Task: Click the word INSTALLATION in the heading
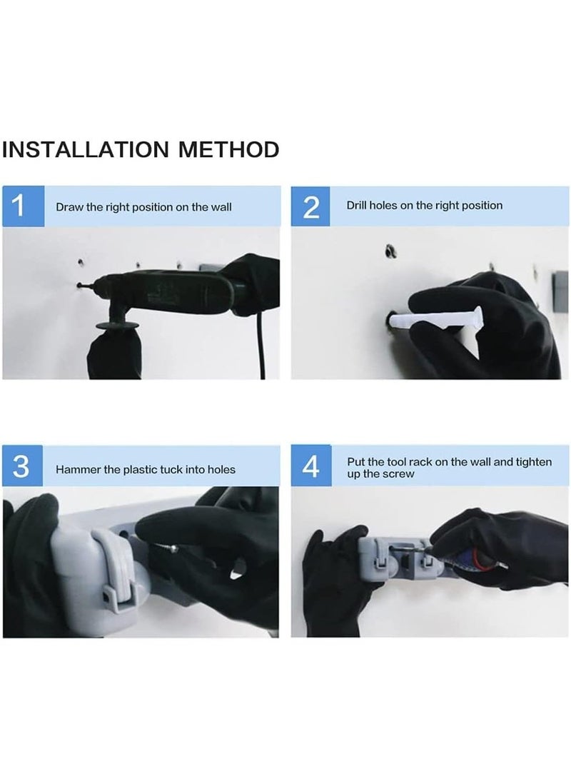click(x=86, y=149)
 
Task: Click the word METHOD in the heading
click(x=229, y=149)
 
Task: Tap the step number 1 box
click(x=23, y=206)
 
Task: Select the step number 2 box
click(x=310, y=206)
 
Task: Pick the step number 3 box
click(x=22, y=466)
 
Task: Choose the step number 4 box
click(x=310, y=466)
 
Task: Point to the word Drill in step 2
click(x=356, y=205)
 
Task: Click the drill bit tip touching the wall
click(x=79, y=285)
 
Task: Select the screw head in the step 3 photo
click(x=173, y=548)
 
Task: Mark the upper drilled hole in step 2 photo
click(x=390, y=251)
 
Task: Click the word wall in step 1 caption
click(x=221, y=207)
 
